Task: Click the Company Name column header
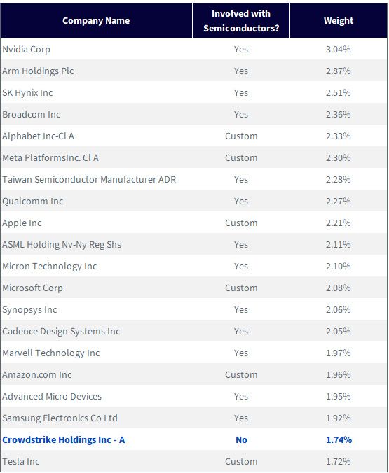pos(96,20)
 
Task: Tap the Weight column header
pos(339,20)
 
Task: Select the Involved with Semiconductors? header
pos(241,21)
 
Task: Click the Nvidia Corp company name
pos(27,49)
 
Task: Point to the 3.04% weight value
pos(339,49)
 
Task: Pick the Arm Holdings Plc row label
pos(38,71)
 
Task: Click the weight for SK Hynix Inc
pos(339,92)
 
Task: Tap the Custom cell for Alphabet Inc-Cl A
pos(241,136)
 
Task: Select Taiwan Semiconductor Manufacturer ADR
pos(89,180)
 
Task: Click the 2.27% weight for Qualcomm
pos(339,202)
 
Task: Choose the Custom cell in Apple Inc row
pos(241,223)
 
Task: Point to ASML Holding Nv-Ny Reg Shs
pos(62,244)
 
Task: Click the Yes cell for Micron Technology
pos(241,267)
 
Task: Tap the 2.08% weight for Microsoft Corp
pos(339,288)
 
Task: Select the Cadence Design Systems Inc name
pos(62,331)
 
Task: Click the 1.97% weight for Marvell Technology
pos(339,353)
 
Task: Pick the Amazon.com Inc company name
pos(37,374)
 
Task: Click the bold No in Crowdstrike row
pos(241,440)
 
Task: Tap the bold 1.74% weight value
pos(339,440)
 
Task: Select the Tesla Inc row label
pos(21,462)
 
